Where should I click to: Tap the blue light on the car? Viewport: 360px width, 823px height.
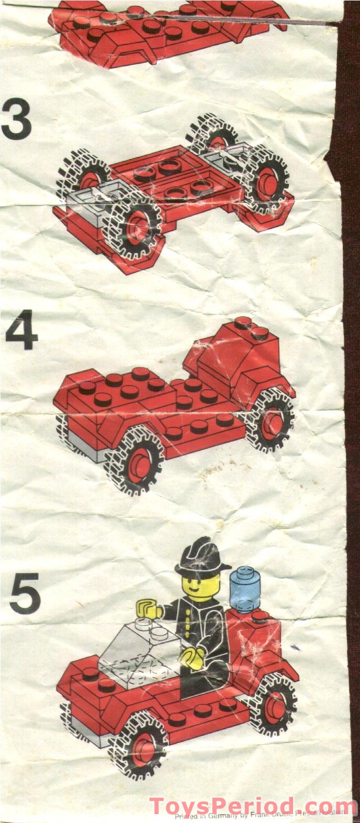point(244,589)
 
